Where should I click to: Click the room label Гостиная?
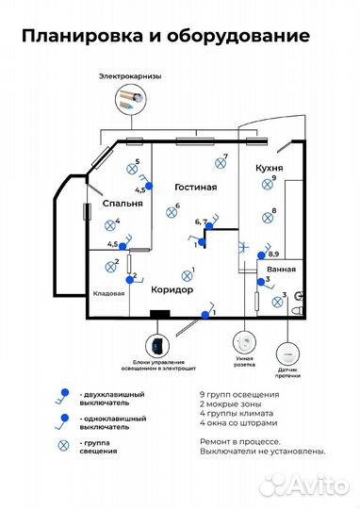click(196, 188)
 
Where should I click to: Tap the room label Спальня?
click(123, 204)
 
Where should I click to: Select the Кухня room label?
click(270, 168)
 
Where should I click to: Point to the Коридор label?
click(172, 289)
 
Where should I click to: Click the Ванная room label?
click(282, 270)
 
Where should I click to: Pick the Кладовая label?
click(108, 293)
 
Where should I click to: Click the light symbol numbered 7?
click(221, 163)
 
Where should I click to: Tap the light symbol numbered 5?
click(132, 169)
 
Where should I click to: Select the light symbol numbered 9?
click(267, 185)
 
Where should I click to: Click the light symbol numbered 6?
click(172, 213)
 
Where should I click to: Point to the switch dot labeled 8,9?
click(261, 255)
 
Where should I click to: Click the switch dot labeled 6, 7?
click(210, 226)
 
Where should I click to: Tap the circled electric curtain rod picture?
click(131, 98)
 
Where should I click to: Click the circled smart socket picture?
click(244, 343)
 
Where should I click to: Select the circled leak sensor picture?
click(288, 353)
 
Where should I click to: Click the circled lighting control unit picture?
click(157, 346)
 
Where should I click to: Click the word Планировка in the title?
click(82, 36)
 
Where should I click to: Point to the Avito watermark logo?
click(303, 485)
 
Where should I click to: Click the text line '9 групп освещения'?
click(239, 395)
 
